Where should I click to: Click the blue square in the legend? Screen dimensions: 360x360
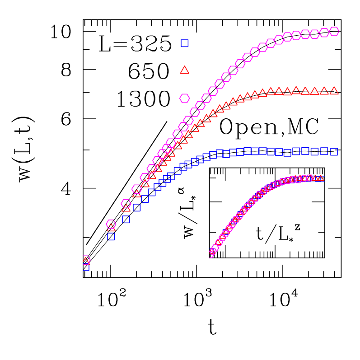click(184, 43)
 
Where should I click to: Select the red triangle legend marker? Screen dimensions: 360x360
click(184, 70)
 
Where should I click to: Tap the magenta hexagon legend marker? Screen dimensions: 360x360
click(184, 98)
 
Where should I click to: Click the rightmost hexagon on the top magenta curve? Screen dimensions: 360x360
click(334, 31)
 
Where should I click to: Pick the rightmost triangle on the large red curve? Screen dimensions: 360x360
click(334, 91)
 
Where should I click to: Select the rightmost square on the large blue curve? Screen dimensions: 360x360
click(334, 152)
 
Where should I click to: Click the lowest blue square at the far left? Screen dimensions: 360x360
click(86, 267)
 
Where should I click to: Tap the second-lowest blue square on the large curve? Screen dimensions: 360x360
click(111, 236)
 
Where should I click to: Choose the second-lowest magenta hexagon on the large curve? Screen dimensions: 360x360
click(111, 224)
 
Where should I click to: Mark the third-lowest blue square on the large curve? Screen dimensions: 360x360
click(126, 220)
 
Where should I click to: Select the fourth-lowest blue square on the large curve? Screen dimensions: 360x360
click(137, 208)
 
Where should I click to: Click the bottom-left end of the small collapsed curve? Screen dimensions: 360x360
click(211, 254)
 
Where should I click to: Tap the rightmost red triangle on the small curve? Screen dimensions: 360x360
click(321, 178)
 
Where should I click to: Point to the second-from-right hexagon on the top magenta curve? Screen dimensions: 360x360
click(324, 33)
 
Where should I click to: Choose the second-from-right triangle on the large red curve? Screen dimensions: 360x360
click(324, 91)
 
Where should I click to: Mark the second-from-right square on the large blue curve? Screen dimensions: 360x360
click(324, 151)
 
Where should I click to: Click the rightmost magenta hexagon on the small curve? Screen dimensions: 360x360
click(309, 178)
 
